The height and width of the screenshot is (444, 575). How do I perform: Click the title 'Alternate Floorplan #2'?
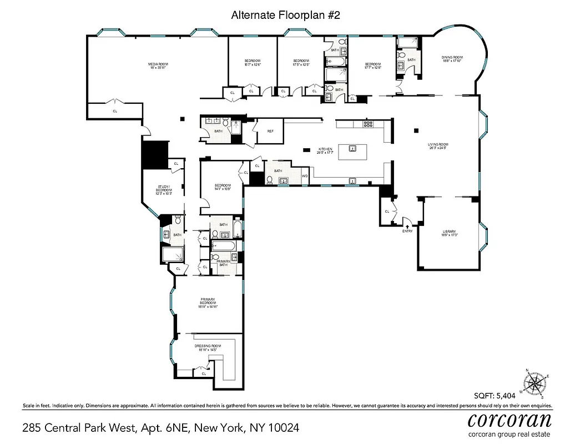tap(285, 16)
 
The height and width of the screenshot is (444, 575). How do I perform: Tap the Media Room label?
tap(158, 66)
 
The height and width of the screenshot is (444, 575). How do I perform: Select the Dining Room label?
tap(452, 59)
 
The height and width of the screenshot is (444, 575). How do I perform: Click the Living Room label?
tap(437, 147)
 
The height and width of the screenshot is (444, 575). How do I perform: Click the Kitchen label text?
tap(325, 150)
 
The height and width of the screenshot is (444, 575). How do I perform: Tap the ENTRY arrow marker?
tap(407, 226)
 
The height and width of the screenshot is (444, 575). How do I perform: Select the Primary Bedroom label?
tap(207, 304)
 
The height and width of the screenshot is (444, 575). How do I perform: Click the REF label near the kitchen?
tap(270, 131)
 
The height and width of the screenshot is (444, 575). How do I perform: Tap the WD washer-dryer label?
tap(304, 176)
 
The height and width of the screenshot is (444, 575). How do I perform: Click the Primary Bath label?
tap(223, 263)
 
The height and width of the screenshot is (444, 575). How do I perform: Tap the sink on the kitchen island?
tap(352, 148)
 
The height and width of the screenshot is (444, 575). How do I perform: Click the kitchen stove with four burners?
tap(368, 124)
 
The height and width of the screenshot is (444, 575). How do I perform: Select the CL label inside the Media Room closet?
tap(115, 111)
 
